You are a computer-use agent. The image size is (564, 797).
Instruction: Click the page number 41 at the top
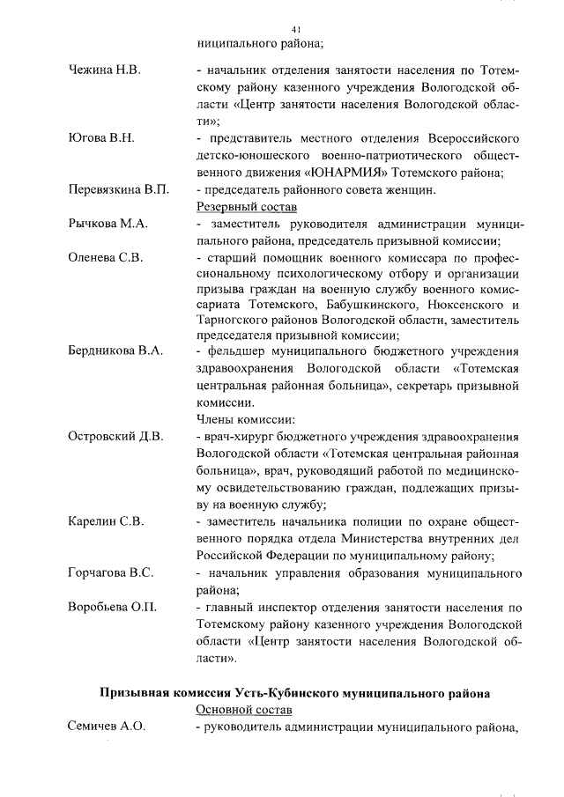(296, 29)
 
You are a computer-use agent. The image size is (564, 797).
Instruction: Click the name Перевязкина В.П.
(118, 190)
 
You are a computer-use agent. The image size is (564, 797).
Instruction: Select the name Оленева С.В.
(105, 259)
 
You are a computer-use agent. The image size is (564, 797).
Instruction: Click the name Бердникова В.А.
(115, 351)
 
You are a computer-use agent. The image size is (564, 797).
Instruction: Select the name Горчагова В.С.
(111, 573)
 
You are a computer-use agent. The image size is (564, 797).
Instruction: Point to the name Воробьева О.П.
(112, 607)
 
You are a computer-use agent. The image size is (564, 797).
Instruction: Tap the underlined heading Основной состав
(244, 710)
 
